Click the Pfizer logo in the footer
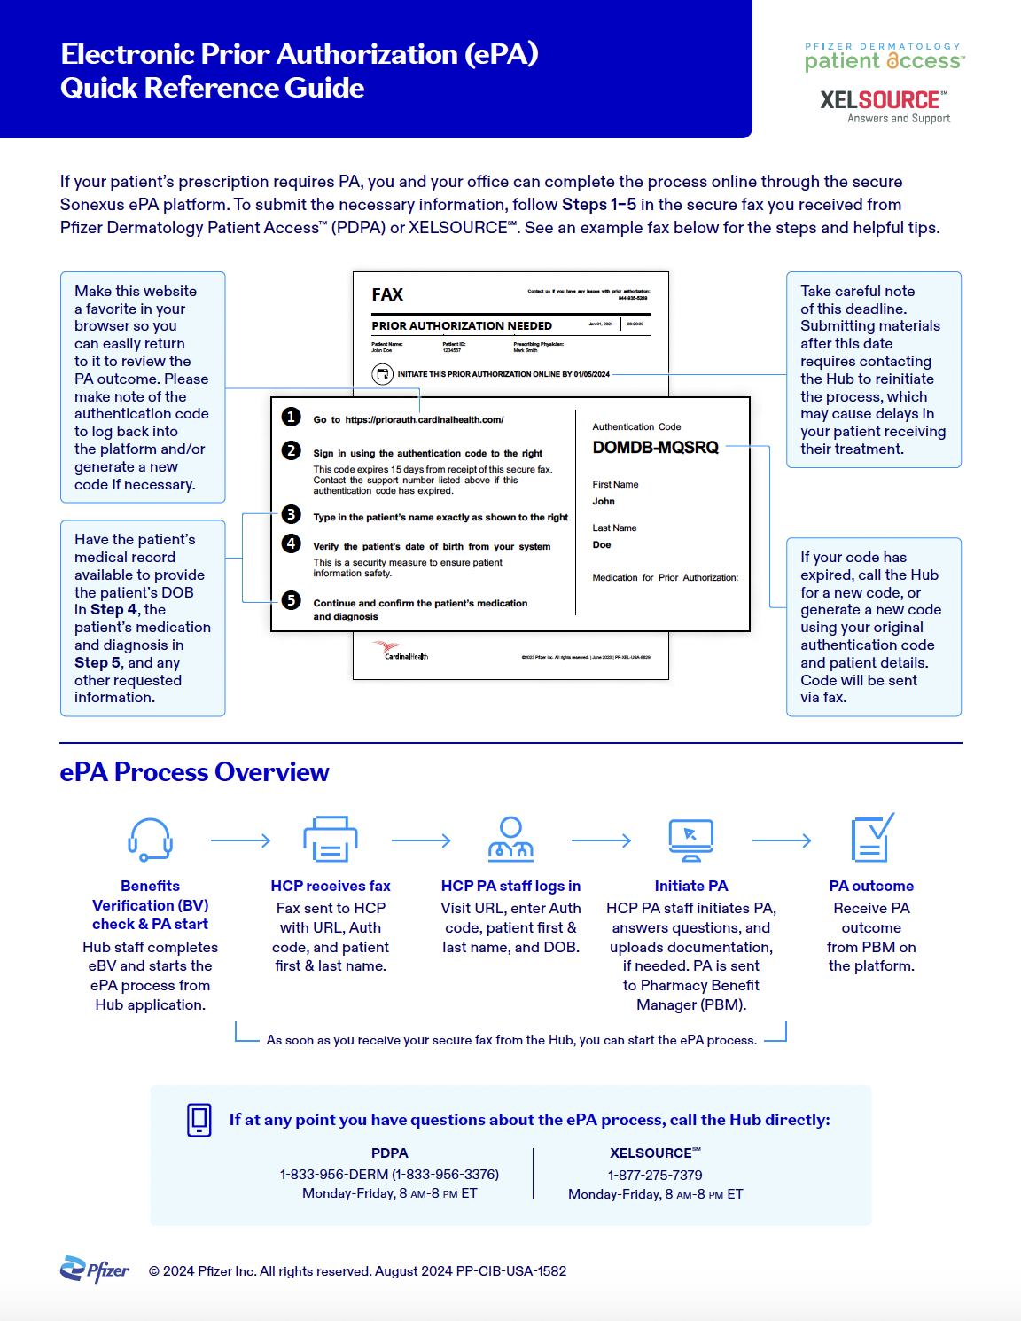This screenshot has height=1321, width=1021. [x=94, y=1270]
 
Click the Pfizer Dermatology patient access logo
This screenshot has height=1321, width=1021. [x=884, y=57]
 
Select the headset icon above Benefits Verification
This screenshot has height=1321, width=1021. [x=150, y=839]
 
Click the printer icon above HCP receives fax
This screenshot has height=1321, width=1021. [x=331, y=839]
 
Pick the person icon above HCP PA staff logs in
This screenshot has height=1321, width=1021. [x=510, y=839]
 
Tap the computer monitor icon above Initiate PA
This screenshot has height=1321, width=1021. [x=691, y=839]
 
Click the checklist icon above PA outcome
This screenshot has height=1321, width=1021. [x=871, y=839]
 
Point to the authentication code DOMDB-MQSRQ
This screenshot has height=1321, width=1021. [x=655, y=448]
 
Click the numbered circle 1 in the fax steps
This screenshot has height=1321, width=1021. [x=291, y=418]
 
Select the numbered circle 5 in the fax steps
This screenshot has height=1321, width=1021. [x=291, y=600]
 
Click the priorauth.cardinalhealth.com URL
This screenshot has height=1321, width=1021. [x=424, y=420]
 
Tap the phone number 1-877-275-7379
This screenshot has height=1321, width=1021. [x=655, y=1175]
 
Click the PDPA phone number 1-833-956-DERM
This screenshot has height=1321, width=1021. [x=389, y=1174]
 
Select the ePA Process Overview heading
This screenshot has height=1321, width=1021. [x=194, y=772]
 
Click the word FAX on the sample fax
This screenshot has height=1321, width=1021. [x=387, y=294]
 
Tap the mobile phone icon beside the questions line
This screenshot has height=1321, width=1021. [x=199, y=1120]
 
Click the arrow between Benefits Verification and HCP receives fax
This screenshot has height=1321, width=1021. [x=240, y=840]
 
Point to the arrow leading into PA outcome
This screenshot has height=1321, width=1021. [x=782, y=840]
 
